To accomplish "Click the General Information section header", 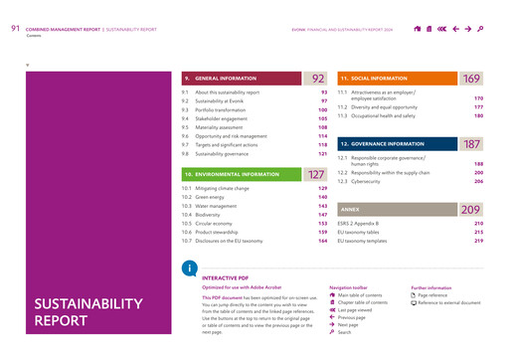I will pyautogui.click(x=224, y=79).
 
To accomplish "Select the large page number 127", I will pyautogui.click(x=317, y=174).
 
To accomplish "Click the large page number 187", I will pyautogui.click(x=471, y=144).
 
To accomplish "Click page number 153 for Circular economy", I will pyautogui.click(x=322, y=224).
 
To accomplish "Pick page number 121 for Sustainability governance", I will pyautogui.click(x=322, y=154).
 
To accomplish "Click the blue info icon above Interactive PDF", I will pyautogui.click(x=189, y=270).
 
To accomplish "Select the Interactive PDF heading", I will pyautogui.click(x=223, y=279).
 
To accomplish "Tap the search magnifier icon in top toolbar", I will pyautogui.click(x=481, y=30).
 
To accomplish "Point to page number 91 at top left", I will pyautogui.click(x=15, y=29).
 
